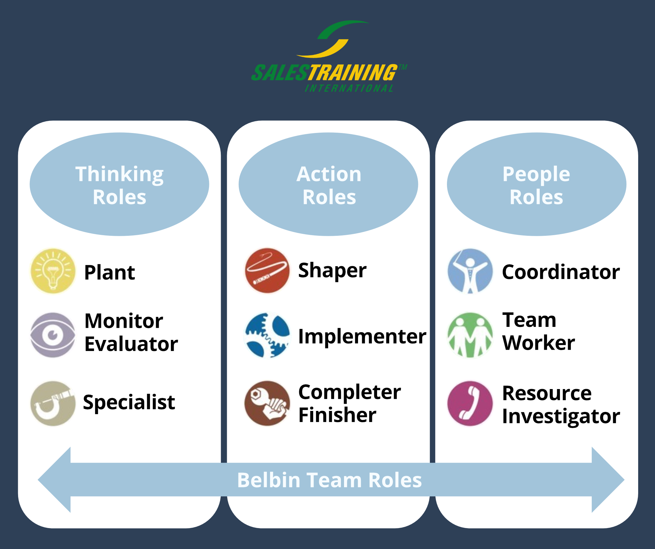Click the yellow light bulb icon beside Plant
pos(53,271)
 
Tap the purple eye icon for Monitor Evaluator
pos(53,335)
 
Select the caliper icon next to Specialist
pos(53,403)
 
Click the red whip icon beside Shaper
pos(267,271)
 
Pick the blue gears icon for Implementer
pos(267,335)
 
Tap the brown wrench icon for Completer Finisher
pos(267,403)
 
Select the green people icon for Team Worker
pos(470,335)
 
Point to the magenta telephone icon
pos(470,403)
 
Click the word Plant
pos(110,272)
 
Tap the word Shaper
pos(332,271)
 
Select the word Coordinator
pos(561,272)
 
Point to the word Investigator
pos(561,417)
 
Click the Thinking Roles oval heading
pos(119,184)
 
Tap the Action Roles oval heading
pos(328,184)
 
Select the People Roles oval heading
pos(537,184)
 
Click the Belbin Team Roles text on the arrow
pos(329,480)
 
